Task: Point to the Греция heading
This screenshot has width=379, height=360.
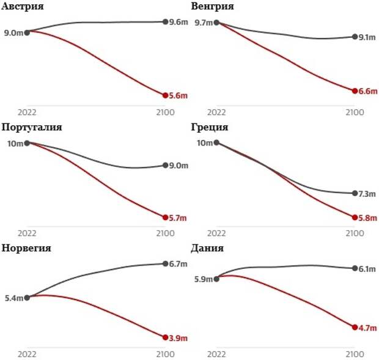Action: (x=209, y=127)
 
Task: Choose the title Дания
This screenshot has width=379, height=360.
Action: (x=207, y=248)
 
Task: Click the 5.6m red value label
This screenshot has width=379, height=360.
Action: (x=178, y=95)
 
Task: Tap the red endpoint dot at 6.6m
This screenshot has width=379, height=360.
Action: (x=355, y=91)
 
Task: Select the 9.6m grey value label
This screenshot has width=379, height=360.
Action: (x=178, y=22)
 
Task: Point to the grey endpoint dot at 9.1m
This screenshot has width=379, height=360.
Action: (x=355, y=37)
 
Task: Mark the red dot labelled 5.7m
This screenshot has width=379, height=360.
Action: (x=166, y=217)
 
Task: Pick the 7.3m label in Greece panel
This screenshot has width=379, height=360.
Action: (x=367, y=194)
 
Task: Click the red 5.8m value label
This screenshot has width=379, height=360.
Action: (x=368, y=218)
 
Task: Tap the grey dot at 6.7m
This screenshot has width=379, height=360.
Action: (x=166, y=264)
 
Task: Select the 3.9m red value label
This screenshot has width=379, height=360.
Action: (x=178, y=338)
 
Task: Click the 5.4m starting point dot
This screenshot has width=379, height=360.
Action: (x=27, y=298)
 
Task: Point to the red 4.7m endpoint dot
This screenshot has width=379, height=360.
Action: (x=355, y=327)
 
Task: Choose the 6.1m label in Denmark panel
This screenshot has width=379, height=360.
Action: (x=367, y=269)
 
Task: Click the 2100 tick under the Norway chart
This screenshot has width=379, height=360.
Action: (x=166, y=354)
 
